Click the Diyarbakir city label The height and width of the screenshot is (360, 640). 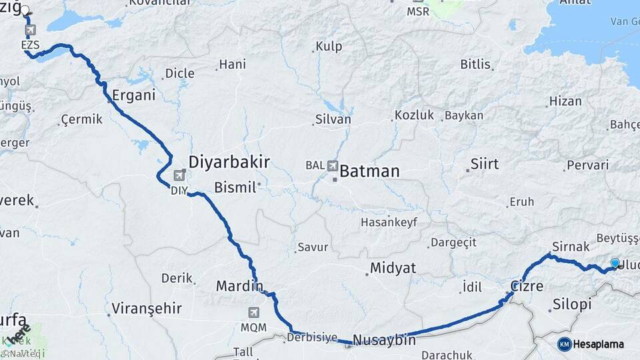click(x=229, y=162)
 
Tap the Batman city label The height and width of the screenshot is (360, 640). click(x=369, y=171)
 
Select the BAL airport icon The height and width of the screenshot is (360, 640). click(x=332, y=165)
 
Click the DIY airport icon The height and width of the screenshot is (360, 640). click(x=179, y=176)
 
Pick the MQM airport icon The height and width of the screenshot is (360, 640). click(x=253, y=312)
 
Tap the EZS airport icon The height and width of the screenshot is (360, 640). click(x=30, y=30)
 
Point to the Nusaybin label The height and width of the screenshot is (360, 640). click(x=384, y=340)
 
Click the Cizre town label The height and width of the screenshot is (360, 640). click(x=527, y=287)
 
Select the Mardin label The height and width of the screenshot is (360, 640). click(x=239, y=286)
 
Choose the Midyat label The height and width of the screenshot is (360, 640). click(x=394, y=268)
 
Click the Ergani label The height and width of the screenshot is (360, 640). click(x=133, y=95)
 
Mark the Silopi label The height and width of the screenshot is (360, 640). click(x=572, y=305)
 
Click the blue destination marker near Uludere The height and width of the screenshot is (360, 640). click(x=615, y=263)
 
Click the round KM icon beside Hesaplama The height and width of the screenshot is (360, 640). click(x=564, y=344)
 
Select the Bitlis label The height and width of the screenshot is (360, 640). click(x=475, y=65)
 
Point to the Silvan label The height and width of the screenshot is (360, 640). click(x=333, y=120)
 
